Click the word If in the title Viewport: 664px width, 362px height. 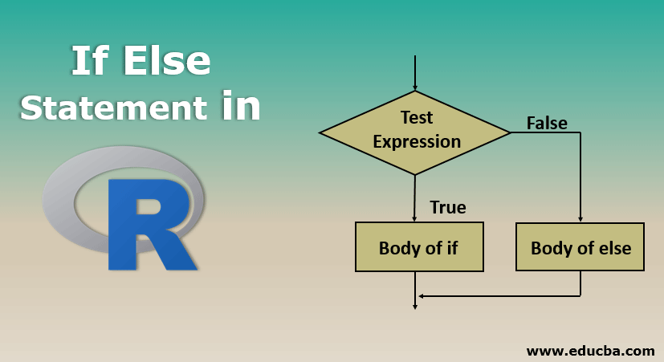(90, 63)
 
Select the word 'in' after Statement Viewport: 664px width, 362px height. (242, 108)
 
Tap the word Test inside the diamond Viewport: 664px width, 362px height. (417, 118)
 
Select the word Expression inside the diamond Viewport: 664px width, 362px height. (417, 142)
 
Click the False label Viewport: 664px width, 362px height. (547, 123)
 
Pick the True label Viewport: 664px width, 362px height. (448, 207)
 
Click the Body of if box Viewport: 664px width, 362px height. (419, 247)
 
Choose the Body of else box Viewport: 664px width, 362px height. (580, 247)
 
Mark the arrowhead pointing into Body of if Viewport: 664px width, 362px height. (415, 218)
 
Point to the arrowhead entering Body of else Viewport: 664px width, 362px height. (580, 218)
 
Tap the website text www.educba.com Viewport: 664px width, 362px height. (590, 351)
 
